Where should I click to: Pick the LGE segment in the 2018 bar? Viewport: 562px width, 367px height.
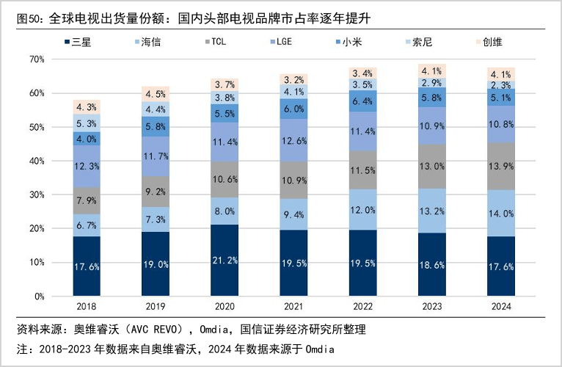click(x=87, y=167)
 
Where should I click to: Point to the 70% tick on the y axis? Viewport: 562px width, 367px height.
click(x=38, y=59)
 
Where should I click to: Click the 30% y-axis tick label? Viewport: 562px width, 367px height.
click(x=38, y=195)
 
